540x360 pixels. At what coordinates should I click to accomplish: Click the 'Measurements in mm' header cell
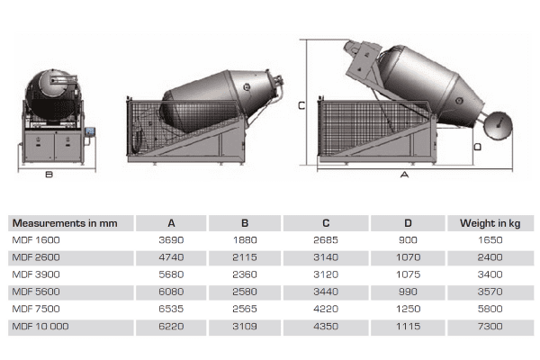(x=65, y=223)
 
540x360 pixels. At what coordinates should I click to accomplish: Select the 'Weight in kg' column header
(x=490, y=223)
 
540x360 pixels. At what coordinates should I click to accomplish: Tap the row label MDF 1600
(x=36, y=240)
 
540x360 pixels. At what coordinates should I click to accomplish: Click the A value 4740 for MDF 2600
(x=171, y=257)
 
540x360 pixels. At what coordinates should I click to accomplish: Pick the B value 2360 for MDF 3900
(x=245, y=274)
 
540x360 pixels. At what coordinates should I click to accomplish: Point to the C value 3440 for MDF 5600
(x=326, y=292)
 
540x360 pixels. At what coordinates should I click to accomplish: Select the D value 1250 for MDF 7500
(x=408, y=309)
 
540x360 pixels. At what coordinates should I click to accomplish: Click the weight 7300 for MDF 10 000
(x=490, y=326)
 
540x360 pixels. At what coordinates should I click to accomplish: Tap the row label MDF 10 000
(x=40, y=326)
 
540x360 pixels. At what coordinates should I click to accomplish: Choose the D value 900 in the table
(x=408, y=240)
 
